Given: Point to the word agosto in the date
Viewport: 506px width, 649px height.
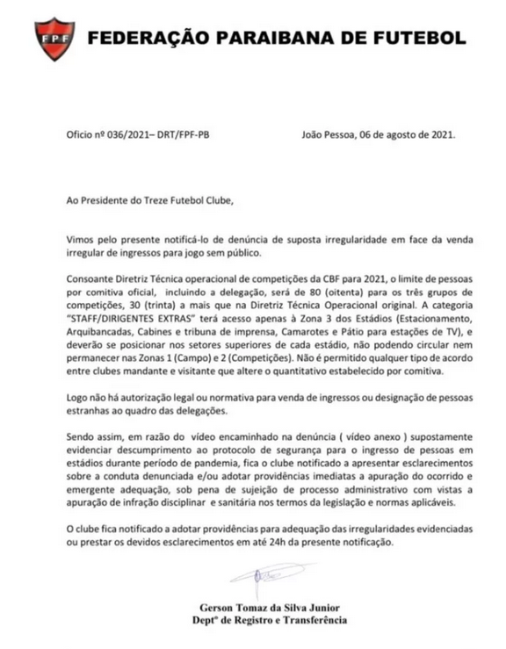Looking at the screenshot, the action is point(410,136).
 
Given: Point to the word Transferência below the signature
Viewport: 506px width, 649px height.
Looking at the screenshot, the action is point(309,621).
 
